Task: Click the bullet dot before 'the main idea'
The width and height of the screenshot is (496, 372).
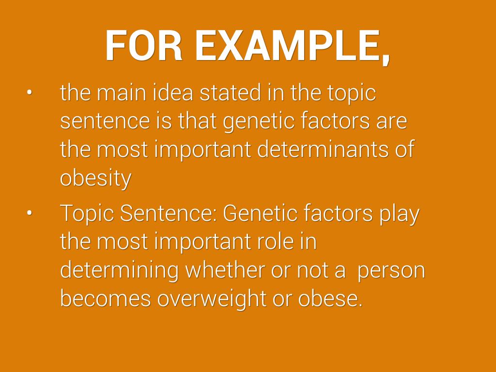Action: tap(30, 93)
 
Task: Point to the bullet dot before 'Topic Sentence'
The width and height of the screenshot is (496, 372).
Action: tap(30, 213)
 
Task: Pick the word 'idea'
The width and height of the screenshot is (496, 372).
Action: tap(173, 93)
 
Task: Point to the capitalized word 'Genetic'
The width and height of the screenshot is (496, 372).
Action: tap(260, 213)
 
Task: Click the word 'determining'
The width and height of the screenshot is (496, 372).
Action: tap(119, 271)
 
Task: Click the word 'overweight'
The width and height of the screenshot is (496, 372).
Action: tap(212, 299)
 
